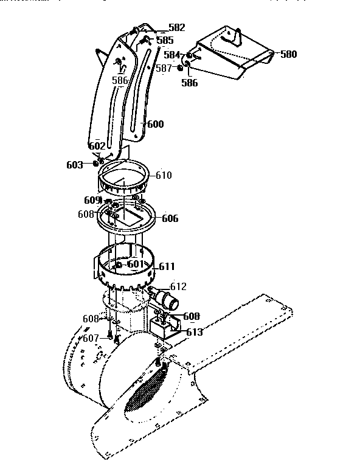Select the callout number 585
click(165, 40)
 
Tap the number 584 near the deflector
click(172, 55)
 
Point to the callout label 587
click(164, 68)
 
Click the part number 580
click(288, 54)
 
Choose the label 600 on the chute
click(155, 124)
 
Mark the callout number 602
click(97, 146)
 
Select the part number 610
click(164, 175)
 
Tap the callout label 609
click(92, 200)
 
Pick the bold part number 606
click(170, 218)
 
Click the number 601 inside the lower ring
click(136, 265)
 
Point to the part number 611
click(167, 266)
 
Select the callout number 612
click(178, 286)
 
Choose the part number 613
click(195, 332)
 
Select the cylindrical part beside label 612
click(165, 299)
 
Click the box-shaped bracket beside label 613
click(164, 328)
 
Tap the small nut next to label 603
click(96, 164)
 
